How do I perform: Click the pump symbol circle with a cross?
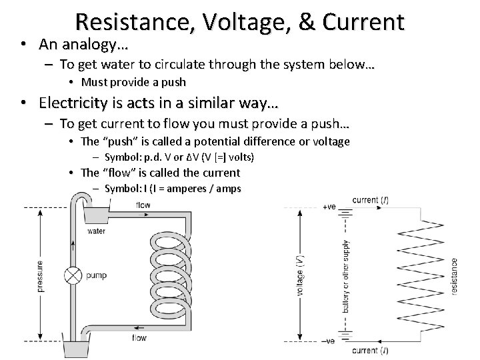72,275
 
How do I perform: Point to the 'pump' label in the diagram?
97,275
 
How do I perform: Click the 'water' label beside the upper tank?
96,231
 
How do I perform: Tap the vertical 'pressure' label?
41,275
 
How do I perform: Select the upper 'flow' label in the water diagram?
143,205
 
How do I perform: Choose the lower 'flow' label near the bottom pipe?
139,338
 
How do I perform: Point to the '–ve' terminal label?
328,341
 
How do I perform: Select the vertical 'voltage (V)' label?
300,274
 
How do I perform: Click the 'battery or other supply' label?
345,274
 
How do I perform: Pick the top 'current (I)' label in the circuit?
371,199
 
